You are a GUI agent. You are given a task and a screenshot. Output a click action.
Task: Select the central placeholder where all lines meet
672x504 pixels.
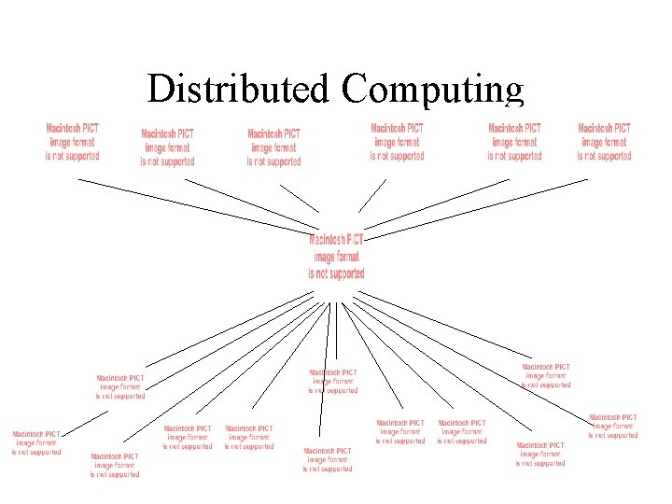point(336,257)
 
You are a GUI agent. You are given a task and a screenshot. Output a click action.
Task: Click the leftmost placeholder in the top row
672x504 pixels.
point(73,142)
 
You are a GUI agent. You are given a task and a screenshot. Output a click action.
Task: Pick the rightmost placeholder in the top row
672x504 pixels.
point(604,142)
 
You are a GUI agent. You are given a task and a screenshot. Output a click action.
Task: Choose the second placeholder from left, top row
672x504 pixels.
point(168,147)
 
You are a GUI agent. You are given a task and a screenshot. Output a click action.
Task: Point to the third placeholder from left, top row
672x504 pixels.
point(273,147)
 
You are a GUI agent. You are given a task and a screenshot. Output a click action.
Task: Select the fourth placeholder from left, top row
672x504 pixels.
point(397,142)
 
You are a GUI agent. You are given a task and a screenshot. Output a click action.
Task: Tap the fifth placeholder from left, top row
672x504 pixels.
point(514,142)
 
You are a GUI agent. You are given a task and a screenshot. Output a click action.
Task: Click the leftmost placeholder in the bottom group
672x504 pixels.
point(36,442)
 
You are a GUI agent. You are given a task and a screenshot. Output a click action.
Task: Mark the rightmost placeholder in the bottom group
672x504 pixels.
point(613,426)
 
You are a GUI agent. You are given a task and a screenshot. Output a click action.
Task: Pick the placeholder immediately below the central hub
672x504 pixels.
point(333,381)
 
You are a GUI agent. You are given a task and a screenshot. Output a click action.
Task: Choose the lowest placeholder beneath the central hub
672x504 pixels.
point(328,460)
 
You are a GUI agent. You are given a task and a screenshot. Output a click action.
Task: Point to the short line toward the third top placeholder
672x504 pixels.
point(300,197)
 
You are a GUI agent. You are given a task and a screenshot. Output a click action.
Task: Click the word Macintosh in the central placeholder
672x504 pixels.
point(326,240)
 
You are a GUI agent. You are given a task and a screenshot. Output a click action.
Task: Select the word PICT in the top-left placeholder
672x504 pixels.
point(91,128)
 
